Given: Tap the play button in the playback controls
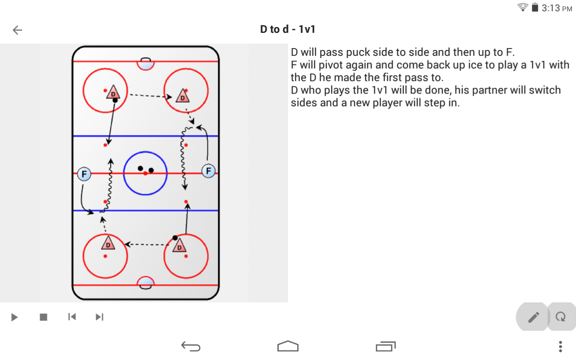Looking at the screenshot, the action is tap(14, 317).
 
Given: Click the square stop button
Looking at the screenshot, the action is tap(44, 317).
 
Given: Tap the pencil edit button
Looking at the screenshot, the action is tap(533, 317).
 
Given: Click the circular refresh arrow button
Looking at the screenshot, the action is tap(561, 317).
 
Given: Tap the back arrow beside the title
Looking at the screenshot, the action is tap(18, 30).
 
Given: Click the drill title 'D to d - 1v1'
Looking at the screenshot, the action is tap(288, 29).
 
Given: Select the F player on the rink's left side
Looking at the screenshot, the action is tap(84, 174).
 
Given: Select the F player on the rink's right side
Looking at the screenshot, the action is tap(208, 171).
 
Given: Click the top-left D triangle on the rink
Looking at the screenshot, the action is tap(113, 92).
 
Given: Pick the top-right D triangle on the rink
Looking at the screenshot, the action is tap(183, 96).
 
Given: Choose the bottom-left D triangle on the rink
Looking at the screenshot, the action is tap(108, 243).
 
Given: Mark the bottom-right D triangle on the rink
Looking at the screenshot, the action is tap(179, 246).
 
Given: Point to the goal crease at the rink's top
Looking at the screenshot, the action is tap(145, 64).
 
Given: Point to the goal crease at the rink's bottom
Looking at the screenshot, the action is tap(145, 283).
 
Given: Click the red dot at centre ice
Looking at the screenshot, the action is tap(145, 174).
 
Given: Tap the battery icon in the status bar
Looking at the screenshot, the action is tap(535, 7).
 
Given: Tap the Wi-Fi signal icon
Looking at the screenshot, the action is tap(522, 7).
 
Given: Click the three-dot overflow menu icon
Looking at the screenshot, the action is tap(561, 346).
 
